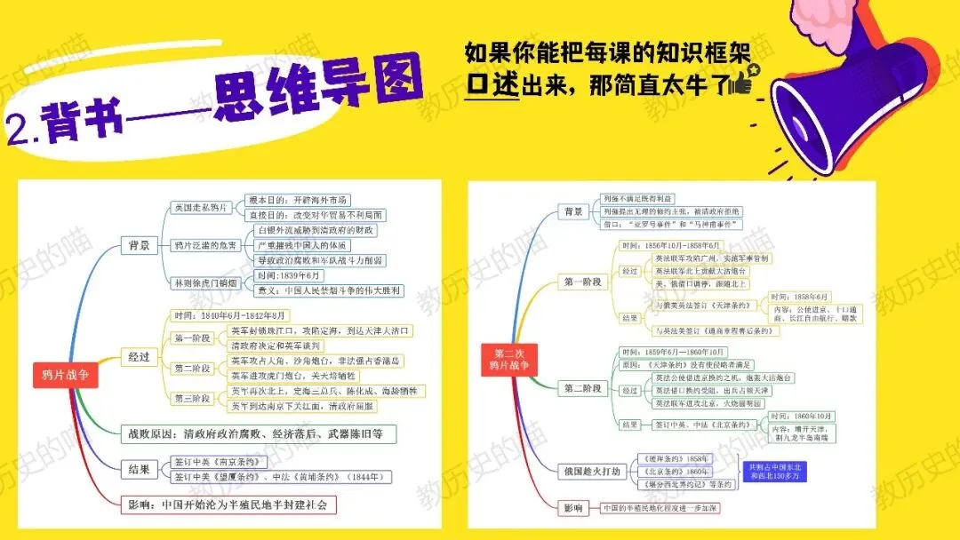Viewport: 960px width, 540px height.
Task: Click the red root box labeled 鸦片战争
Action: click(65, 375)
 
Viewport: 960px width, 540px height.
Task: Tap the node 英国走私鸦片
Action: click(204, 208)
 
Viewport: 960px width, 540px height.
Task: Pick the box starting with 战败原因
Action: click(258, 433)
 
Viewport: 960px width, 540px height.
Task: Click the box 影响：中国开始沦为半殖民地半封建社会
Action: click(230, 504)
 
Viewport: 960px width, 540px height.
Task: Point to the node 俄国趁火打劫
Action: click(590, 470)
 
